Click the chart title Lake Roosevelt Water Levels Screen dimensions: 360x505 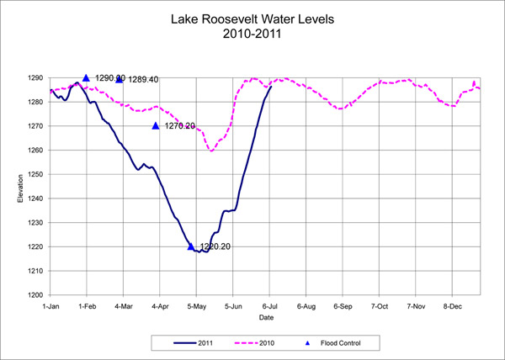pos(252,19)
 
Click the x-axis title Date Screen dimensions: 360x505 pos(266,318)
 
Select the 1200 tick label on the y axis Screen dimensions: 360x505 pos(38,295)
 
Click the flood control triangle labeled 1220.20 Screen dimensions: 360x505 pos(191,246)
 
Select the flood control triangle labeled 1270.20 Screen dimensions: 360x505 pos(156,125)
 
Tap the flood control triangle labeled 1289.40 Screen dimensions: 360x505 pos(120,79)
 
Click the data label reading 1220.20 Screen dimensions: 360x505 pos(215,247)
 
